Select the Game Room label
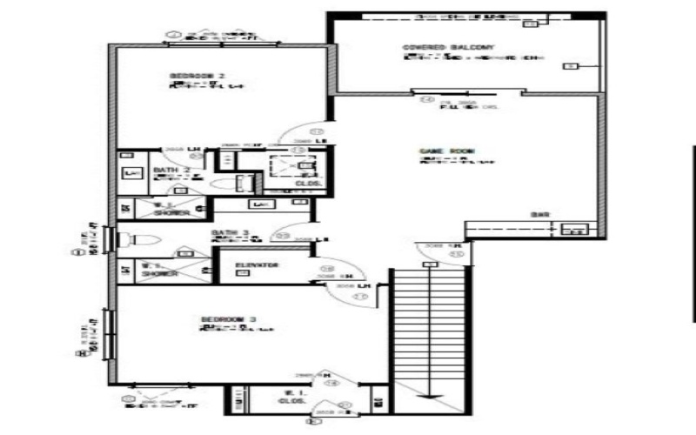point(446,151)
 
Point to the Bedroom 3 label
point(228,319)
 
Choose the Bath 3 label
point(231,233)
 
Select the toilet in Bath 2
point(242,183)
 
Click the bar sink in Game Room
point(575,230)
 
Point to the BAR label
point(540,215)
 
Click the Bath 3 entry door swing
point(286,228)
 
